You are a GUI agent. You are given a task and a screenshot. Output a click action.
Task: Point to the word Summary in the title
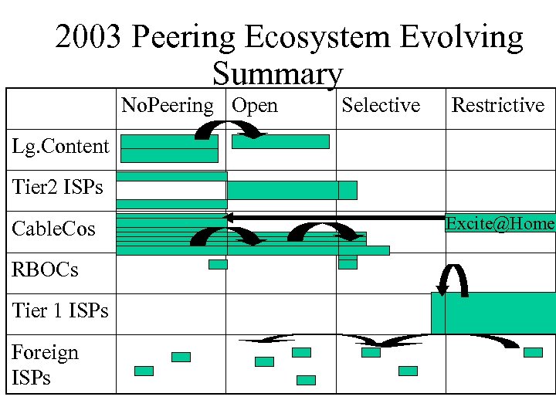click(277, 75)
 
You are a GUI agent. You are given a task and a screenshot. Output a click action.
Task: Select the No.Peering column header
click(168, 105)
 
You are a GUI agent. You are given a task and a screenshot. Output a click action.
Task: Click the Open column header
click(255, 105)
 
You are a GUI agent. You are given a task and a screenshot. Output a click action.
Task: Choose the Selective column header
click(381, 105)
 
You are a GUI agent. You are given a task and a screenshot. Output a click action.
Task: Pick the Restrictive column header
click(497, 105)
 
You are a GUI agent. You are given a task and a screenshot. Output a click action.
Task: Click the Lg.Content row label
click(61, 146)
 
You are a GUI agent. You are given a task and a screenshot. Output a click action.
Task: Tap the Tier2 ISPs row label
click(58, 187)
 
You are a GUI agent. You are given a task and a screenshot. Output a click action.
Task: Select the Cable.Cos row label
click(54, 229)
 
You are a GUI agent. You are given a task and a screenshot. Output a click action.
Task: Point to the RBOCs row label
click(45, 270)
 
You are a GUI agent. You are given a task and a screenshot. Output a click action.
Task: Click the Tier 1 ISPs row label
click(60, 310)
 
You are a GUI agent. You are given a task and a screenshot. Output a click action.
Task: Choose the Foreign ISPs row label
click(45, 364)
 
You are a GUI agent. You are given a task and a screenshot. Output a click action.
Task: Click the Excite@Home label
click(500, 224)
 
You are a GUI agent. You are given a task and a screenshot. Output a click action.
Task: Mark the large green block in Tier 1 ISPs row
click(493, 313)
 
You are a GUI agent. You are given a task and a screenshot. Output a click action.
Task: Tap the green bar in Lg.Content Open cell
click(280, 141)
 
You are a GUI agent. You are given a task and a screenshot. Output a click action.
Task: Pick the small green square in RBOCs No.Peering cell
click(218, 264)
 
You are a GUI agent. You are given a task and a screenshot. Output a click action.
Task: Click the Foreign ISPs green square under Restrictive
click(533, 352)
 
